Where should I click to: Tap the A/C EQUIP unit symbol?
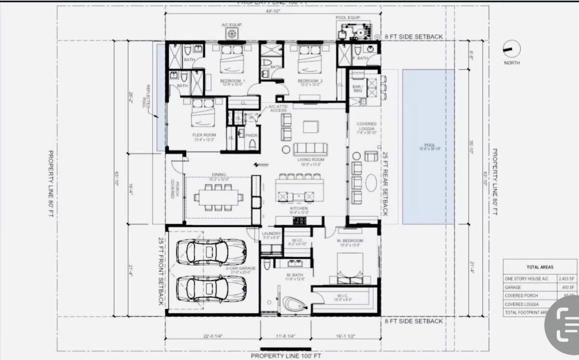231,34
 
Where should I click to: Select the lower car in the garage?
211,288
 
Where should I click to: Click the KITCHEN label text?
299,209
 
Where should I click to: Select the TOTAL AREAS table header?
540,267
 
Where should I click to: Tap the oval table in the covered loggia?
371,183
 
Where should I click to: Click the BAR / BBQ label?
357,88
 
